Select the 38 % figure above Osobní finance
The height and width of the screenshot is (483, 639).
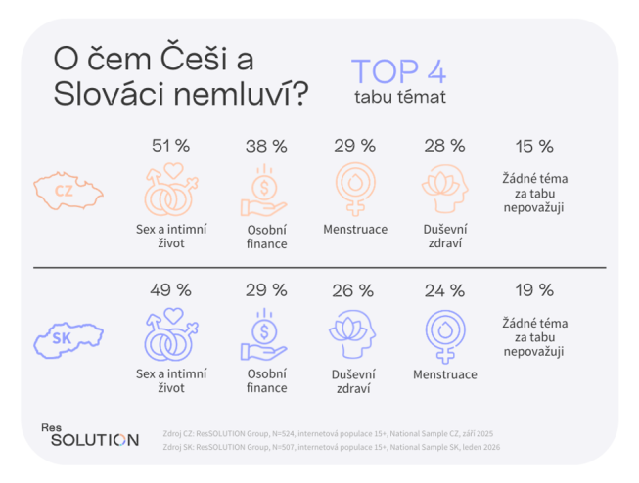coord(265,146)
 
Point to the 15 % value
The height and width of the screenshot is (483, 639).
coord(534,146)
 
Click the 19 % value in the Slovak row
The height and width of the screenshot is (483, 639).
coord(534,290)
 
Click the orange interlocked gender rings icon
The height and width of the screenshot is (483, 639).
coord(170,190)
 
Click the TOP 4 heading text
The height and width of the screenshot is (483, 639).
coord(399,72)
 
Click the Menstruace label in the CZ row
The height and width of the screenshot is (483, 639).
coord(354,230)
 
